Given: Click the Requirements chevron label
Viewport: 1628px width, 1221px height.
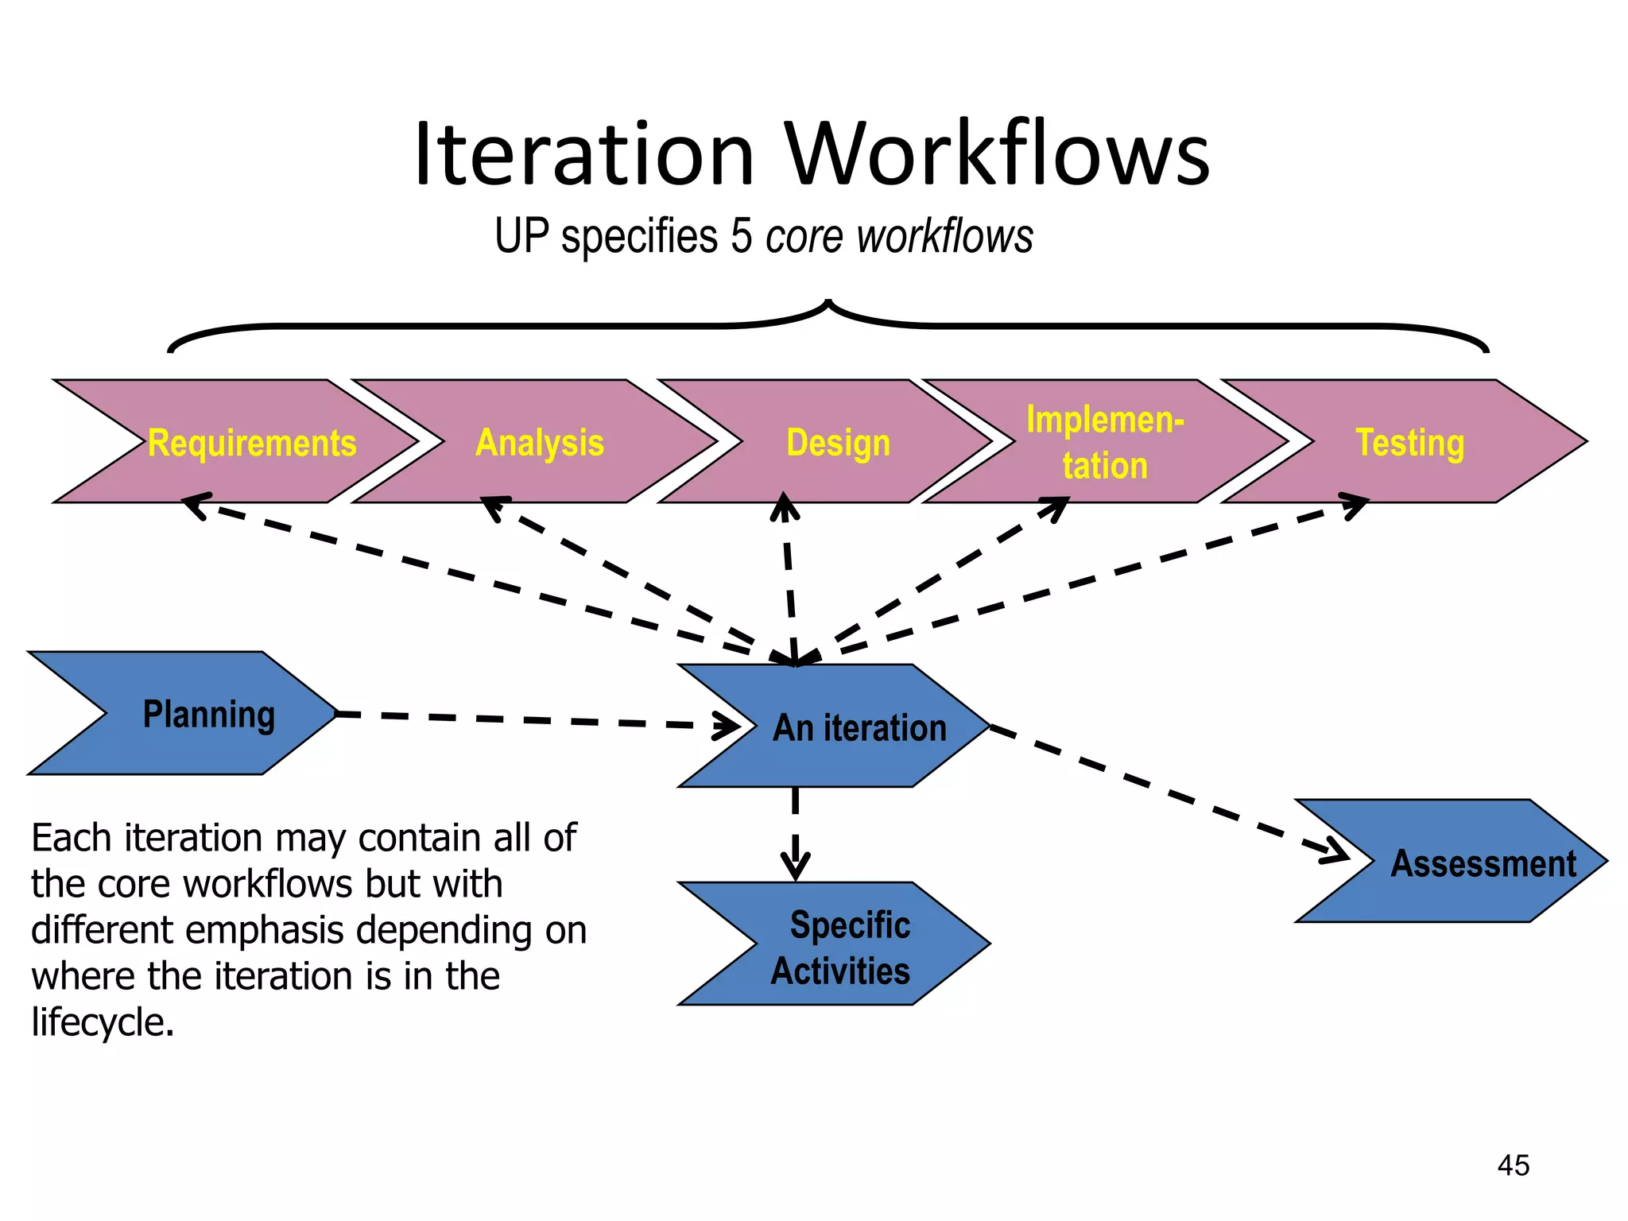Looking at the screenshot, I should (x=252, y=443).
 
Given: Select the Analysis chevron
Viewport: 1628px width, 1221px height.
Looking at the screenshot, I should (x=539, y=443).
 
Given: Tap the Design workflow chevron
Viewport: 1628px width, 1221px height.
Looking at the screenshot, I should (x=838, y=443).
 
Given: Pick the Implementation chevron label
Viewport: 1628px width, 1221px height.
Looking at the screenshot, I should (x=1104, y=442).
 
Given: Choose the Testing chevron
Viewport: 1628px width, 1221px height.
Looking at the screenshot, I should (x=1409, y=443).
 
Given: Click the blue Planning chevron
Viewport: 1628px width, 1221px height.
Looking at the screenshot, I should (x=208, y=714).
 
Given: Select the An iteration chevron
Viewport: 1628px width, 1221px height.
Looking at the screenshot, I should (x=859, y=727).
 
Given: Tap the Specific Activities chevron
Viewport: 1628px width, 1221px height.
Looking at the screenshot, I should (x=843, y=947).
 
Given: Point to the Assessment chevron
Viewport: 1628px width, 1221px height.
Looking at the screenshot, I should (x=1482, y=863).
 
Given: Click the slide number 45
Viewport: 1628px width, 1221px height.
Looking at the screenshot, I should (x=1513, y=1165).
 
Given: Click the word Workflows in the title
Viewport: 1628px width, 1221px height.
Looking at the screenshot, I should (x=998, y=154).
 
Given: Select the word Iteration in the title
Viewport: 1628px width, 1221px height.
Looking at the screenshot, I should (x=583, y=154).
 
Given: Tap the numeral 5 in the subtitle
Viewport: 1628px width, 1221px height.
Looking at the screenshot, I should (x=741, y=236).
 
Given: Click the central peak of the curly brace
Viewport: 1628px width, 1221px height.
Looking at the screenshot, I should (x=828, y=304).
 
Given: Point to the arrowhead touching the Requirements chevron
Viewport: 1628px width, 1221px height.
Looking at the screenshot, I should (x=195, y=504).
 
